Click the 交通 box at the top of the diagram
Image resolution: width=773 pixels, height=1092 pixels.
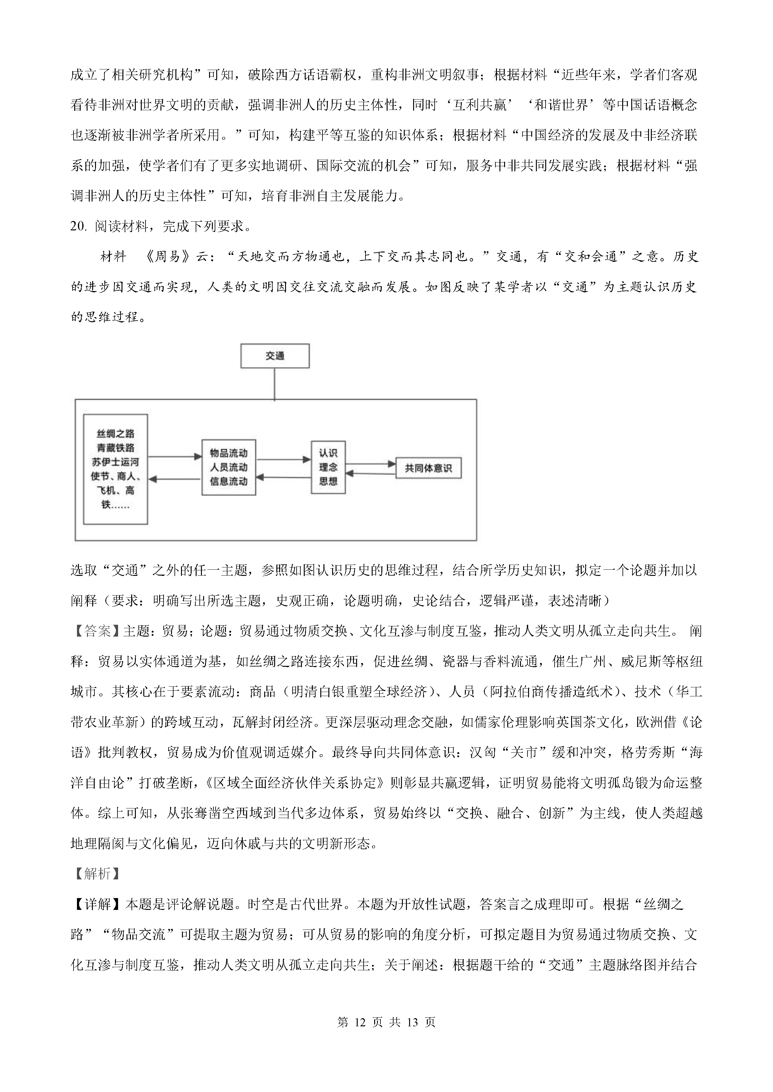pos(274,356)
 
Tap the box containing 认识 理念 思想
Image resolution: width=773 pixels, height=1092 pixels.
pos(328,467)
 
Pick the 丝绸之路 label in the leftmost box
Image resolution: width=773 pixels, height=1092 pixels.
pos(116,433)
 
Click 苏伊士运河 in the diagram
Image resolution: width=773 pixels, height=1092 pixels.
pos(116,462)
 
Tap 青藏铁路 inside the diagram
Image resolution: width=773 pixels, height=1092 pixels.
pos(116,448)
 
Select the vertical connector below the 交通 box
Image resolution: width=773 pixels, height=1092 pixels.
pos(274,383)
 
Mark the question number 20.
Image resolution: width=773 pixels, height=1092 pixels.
pos(78,226)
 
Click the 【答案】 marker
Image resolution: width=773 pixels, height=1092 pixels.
pos(97,631)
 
